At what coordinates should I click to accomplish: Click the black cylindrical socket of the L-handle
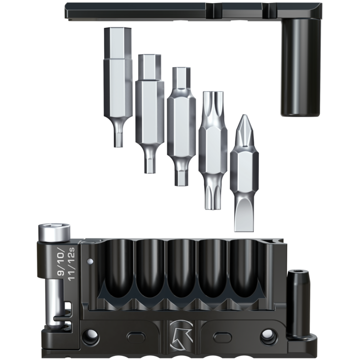(300, 67)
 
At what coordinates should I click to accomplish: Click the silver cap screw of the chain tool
(54, 233)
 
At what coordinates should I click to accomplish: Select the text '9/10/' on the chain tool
(61, 261)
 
